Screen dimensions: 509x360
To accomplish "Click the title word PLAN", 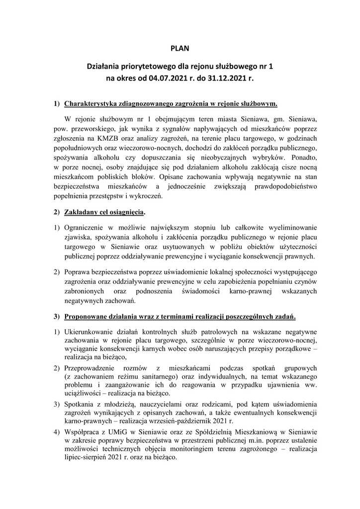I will click(180, 49).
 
